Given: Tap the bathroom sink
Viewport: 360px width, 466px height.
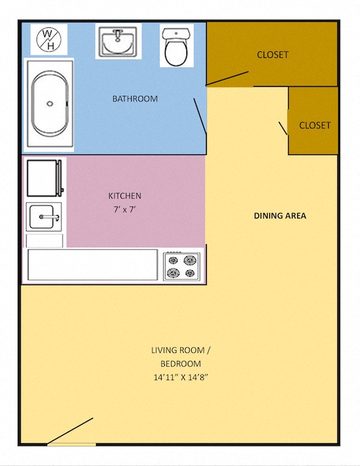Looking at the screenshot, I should [x=119, y=43].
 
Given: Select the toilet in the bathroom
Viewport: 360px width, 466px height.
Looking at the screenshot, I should [x=176, y=47].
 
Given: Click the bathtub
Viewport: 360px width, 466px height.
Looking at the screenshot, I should [x=50, y=103].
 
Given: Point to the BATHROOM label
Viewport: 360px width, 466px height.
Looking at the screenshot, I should [x=135, y=99].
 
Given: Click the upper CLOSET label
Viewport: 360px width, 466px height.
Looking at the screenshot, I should [x=273, y=55].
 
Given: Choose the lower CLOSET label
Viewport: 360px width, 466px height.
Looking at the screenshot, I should [x=315, y=125].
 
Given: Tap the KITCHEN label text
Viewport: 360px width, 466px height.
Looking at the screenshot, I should [x=125, y=196].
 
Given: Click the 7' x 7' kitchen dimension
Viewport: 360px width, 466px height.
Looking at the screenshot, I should [x=125, y=209].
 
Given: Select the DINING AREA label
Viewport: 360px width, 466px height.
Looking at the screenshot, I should [x=279, y=216].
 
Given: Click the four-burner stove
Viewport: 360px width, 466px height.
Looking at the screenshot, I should [x=182, y=266].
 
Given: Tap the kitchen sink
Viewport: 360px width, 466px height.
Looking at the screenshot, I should [x=45, y=216].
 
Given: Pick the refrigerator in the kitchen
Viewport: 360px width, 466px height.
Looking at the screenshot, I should [x=45, y=178].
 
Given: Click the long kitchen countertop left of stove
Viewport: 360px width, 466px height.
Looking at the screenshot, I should [x=92, y=265].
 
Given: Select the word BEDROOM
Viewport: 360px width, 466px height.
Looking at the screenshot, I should [x=180, y=363].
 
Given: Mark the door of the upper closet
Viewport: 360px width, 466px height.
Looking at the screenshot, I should [x=228, y=79].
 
